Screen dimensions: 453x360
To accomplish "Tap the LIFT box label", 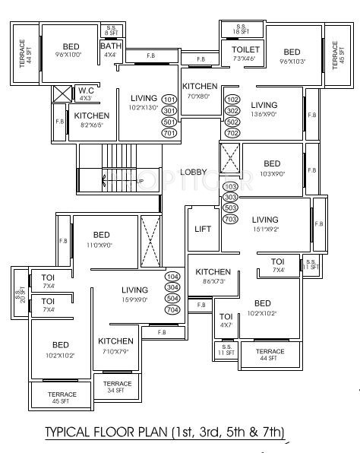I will (x=202, y=228).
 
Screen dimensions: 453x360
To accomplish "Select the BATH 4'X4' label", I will (x=110, y=49).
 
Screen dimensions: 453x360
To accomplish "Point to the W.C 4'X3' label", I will (x=86, y=93).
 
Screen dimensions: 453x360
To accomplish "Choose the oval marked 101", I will (x=169, y=100).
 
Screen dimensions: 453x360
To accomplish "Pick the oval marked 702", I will (x=232, y=133).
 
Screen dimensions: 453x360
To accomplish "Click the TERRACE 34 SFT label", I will (x=117, y=387).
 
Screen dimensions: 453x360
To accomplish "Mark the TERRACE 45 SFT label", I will (x=62, y=398).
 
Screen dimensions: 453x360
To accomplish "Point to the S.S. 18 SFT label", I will (x=242, y=28).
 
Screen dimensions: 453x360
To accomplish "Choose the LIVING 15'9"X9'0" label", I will (x=134, y=294).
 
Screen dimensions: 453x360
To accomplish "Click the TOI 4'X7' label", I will (x=226, y=321).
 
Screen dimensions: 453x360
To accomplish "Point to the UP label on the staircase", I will (x=118, y=181).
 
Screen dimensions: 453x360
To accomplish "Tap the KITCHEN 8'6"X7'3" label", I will (x=213, y=276).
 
